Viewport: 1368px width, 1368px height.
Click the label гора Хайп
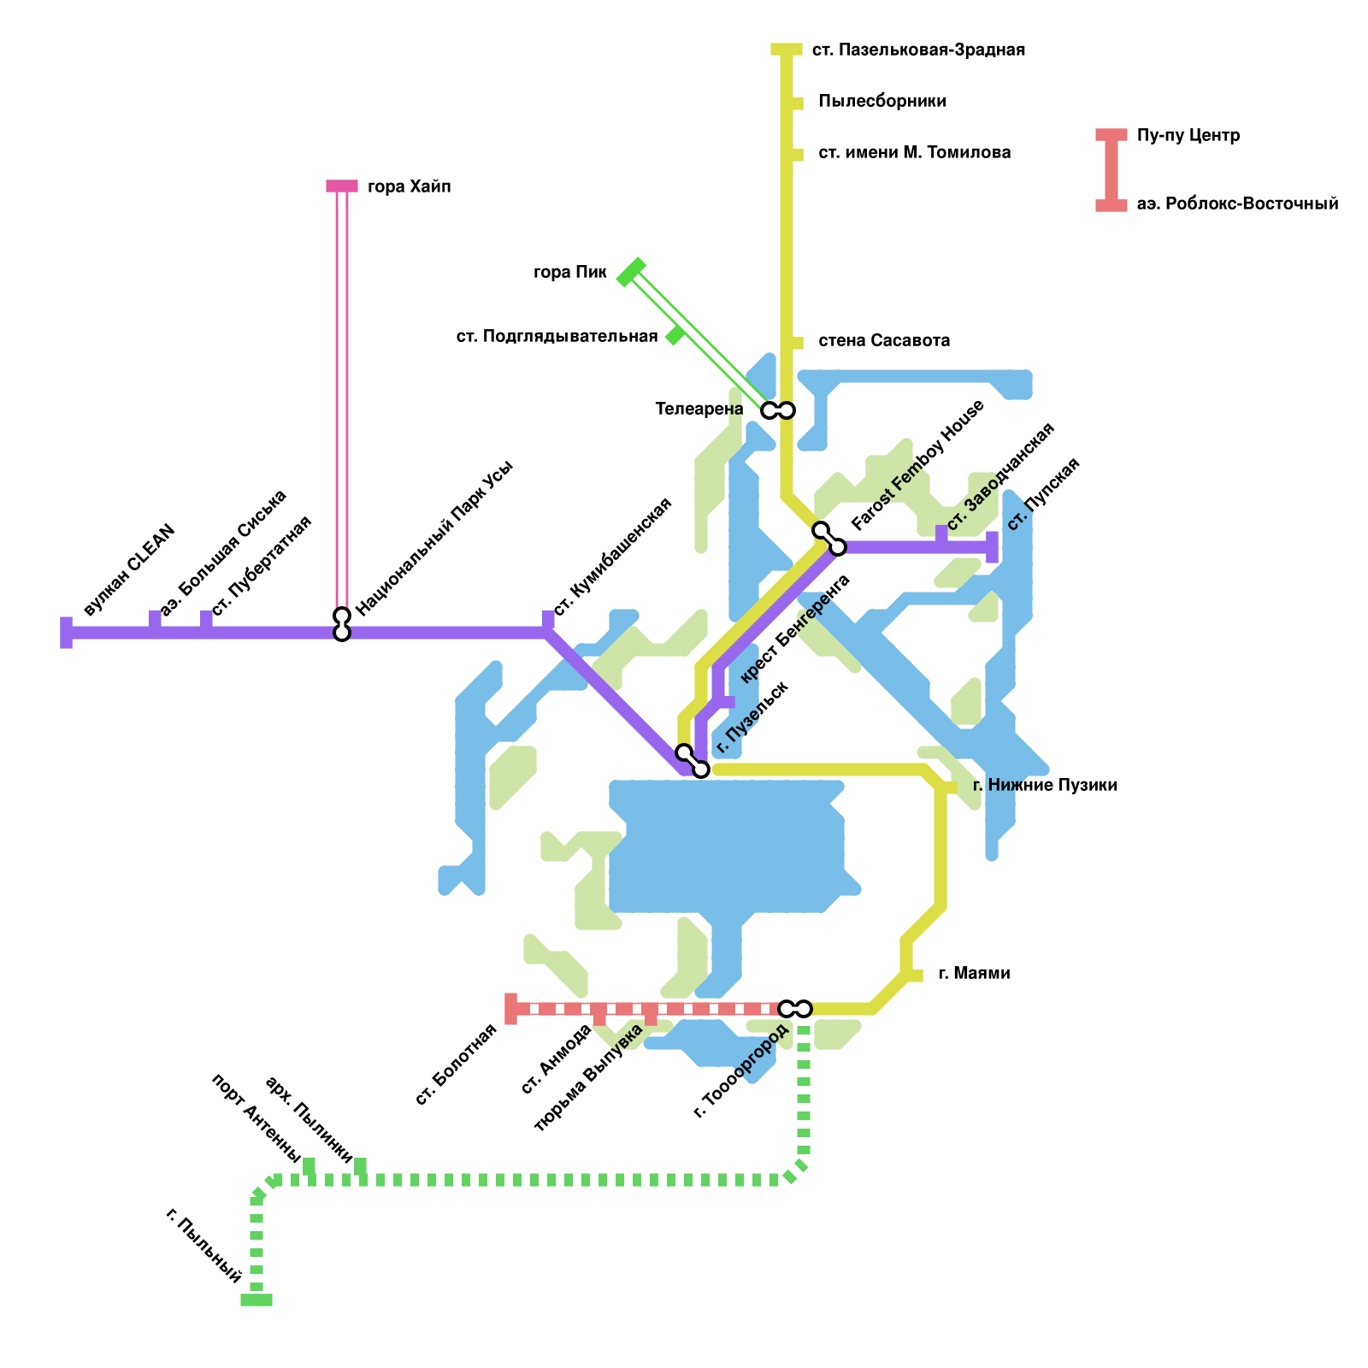409,186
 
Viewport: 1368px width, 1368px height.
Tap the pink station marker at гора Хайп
342,186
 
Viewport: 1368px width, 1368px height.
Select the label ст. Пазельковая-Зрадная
918,50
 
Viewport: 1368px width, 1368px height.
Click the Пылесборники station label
882,101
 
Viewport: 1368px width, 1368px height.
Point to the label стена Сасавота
884,340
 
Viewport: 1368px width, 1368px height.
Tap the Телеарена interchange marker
778,410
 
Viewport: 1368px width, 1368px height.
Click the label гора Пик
569,273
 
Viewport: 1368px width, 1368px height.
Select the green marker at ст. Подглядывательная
675,335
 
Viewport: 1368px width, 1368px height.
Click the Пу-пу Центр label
1188,135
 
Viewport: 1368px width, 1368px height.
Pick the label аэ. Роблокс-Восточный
1237,203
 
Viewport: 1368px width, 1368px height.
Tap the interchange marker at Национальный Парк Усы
342,624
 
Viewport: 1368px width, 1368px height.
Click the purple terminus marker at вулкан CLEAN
67,633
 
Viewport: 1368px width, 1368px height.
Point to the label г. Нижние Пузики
1045,785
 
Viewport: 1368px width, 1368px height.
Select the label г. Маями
974,973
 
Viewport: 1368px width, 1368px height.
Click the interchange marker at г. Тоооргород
795,1009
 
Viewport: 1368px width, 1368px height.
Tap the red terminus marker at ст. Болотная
511,1009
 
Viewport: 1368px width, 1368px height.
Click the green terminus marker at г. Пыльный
256,1300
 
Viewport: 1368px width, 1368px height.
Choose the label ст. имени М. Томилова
915,152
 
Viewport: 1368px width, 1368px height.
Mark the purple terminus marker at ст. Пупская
992,547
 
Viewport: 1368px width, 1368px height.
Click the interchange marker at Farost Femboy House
829,539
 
